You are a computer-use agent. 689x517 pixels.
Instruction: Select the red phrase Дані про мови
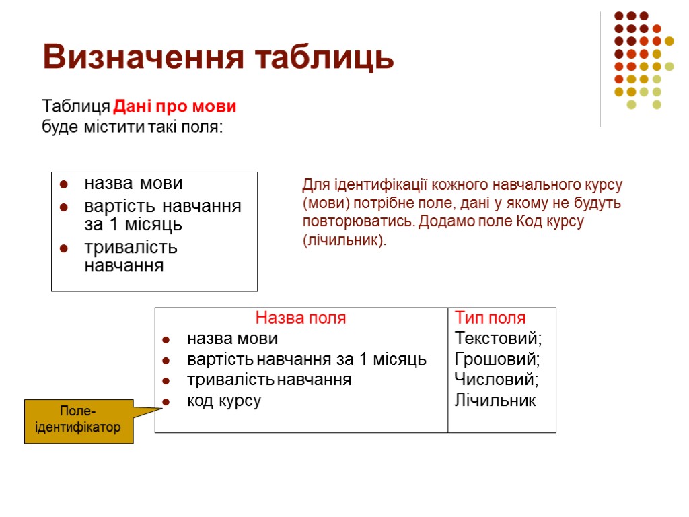(x=175, y=107)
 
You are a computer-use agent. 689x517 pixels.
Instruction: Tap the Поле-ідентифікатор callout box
(x=79, y=421)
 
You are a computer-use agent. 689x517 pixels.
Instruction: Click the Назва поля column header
(x=301, y=318)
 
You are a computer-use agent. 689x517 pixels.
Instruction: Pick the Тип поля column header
(x=490, y=318)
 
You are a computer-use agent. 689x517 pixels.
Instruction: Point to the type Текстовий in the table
(x=499, y=338)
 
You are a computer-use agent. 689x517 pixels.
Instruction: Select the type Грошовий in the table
(x=497, y=359)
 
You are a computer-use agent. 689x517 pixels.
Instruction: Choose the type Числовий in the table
(x=497, y=380)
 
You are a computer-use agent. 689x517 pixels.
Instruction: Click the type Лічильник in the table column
(x=495, y=401)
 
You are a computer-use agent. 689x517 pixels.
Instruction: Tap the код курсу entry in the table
(x=224, y=401)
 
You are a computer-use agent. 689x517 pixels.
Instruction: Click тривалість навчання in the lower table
(x=269, y=380)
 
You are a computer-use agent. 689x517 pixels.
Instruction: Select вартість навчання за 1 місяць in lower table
(x=307, y=359)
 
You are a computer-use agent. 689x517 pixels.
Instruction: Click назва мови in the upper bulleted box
(x=133, y=183)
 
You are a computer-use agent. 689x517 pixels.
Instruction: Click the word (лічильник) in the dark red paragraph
(x=344, y=240)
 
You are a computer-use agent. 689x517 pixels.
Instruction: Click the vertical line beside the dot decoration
(x=600, y=67)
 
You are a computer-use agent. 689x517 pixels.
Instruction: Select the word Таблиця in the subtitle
(x=75, y=107)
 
